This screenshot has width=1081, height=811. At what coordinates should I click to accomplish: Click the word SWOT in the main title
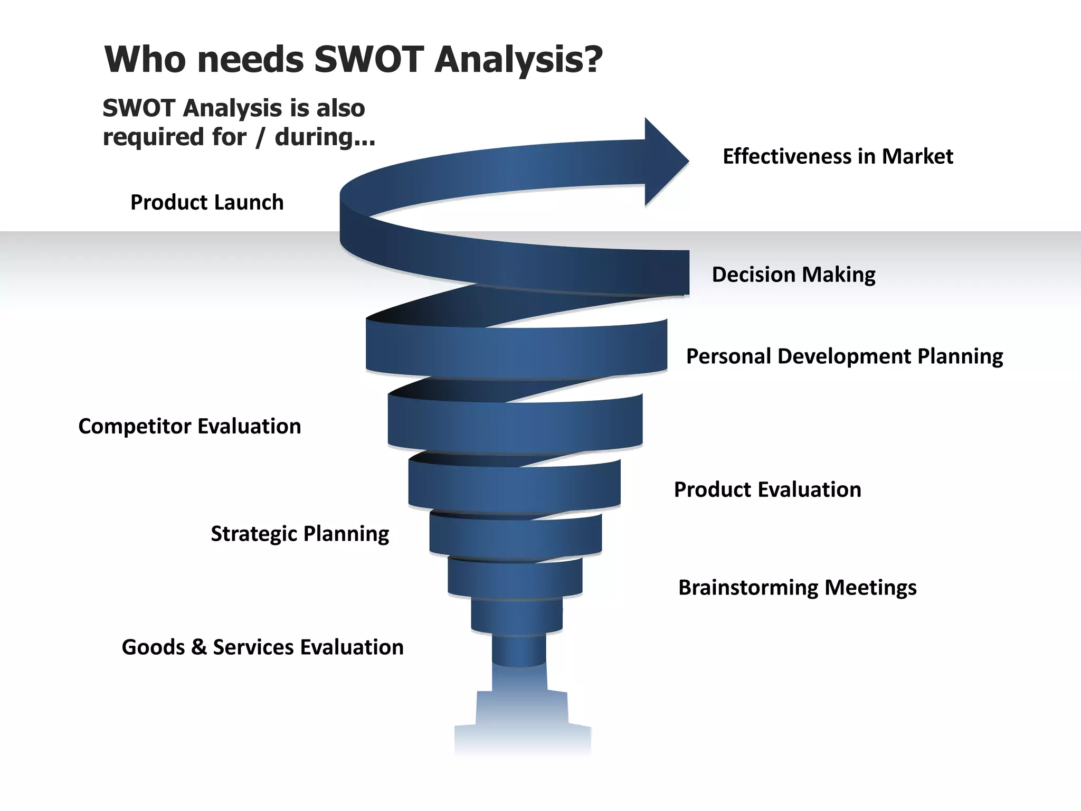[369, 59]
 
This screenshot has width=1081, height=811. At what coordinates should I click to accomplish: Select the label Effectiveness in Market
[838, 156]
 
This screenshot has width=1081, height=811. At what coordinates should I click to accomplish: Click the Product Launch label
[207, 202]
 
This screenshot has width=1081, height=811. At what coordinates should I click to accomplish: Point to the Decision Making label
[793, 275]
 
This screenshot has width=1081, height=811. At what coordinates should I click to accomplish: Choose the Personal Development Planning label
[844, 356]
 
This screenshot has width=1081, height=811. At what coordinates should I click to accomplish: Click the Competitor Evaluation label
[189, 426]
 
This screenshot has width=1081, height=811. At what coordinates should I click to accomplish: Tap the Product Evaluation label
[767, 489]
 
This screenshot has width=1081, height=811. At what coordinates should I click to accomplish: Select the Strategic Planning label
[300, 534]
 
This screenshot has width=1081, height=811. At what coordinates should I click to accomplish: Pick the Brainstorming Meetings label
[797, 587]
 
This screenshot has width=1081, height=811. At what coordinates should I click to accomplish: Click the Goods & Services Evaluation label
[262, 647]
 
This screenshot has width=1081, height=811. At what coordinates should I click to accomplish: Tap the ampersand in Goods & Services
[198, 647]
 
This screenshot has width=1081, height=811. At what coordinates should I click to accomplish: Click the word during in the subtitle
[324, 137]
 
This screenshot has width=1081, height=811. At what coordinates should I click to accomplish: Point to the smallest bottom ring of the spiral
[519, 650]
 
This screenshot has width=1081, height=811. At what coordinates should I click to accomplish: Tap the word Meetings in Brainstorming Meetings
[870, 587]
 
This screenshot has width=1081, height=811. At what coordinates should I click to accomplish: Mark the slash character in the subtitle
[260, 137]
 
